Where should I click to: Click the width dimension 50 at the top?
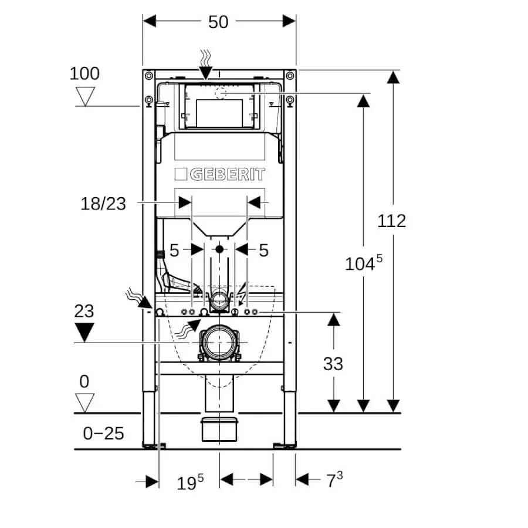[218, 22]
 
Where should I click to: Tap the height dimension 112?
[391, 221]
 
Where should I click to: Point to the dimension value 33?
[333, 364]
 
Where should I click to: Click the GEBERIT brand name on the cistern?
[219, 174]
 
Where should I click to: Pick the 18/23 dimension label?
[103, 204]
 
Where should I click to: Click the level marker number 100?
[85, 74]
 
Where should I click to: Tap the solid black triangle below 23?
[85, 333]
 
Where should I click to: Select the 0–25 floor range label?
[103, 434]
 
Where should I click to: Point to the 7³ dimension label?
[334, 481]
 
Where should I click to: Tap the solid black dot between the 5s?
[219, 249]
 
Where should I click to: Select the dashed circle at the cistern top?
[221, 93]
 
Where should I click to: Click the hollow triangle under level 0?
[85, 402]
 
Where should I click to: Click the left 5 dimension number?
[174, 251]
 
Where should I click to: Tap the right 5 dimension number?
[263, 251]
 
